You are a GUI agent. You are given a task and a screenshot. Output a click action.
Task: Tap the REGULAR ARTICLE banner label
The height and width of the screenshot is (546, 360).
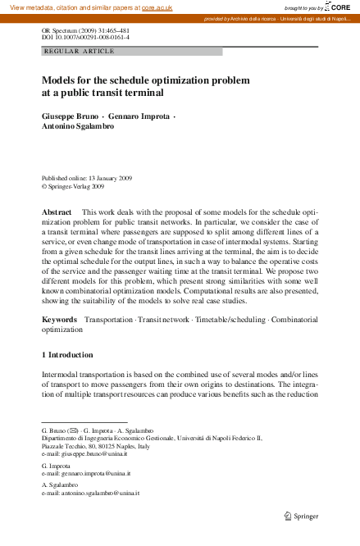[x=79, y=51]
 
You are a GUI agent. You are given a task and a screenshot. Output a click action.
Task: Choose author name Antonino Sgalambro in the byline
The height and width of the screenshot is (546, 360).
[x=78, y=127]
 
